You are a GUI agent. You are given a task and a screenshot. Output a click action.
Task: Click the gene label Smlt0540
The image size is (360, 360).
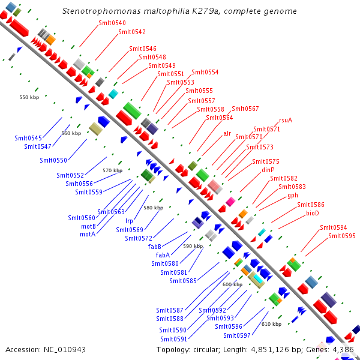pyautogui.click(x=112, y=23)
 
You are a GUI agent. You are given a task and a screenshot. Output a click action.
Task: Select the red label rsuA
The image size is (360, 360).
pyautogui.click(x=286, y=121)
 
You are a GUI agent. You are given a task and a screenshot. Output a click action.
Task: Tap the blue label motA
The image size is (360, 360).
pyautogui.click(x=88, y=234)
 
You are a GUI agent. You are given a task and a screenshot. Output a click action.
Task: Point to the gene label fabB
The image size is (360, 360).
pyautogui.click(x=155, y=247)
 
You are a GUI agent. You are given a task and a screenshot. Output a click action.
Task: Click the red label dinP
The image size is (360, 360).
pyautogui.click(x=268, y=170)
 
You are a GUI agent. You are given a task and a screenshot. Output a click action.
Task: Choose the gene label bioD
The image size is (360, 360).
pyautogui.click(x=313, y=213)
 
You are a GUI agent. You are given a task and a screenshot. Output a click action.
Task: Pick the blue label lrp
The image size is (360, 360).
pyautogui.click(x=129, y=221)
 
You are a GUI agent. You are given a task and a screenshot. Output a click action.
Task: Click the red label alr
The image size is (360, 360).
pyautogui.click(x=227, y=133)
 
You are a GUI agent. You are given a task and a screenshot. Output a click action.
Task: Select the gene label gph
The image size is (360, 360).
pyautogui.click(x=293, y=196)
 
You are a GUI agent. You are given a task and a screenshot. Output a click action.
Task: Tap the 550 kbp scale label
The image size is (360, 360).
pyautogui.click(x=29, y=97)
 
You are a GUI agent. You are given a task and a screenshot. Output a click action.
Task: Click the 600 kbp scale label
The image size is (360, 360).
pyautogui.click(x=232, y=284)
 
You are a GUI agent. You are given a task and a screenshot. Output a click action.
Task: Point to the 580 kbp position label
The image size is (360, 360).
pyautogui.click(x=154, y=208)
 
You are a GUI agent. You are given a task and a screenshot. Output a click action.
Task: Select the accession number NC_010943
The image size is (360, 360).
pyautogui.click(x=65, y=350)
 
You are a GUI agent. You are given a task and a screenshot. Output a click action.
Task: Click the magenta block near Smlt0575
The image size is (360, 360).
pyautogui.click(x=230, y=202)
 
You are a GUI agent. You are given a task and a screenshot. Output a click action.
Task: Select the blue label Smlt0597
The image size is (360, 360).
pyautogui.click(x=237, y=335)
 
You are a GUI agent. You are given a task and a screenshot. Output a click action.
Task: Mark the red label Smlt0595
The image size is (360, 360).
pyautogui.click(x=342, y=236)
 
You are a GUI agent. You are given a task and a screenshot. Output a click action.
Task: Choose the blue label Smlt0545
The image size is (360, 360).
pyautogui.click(x=28, y=138)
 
